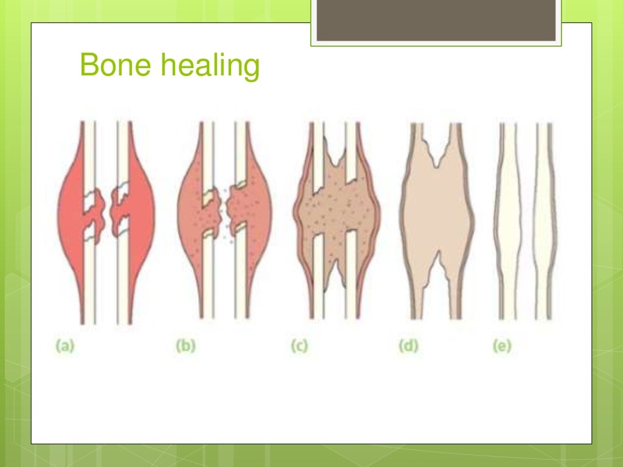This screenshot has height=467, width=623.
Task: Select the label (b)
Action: [186, 346]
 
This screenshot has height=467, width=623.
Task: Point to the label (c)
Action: [299, 346]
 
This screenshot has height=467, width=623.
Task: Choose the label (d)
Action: [408, 346]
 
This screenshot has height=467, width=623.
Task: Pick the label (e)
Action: [502, 346]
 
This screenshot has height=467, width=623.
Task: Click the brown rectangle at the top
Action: [436, 21]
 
